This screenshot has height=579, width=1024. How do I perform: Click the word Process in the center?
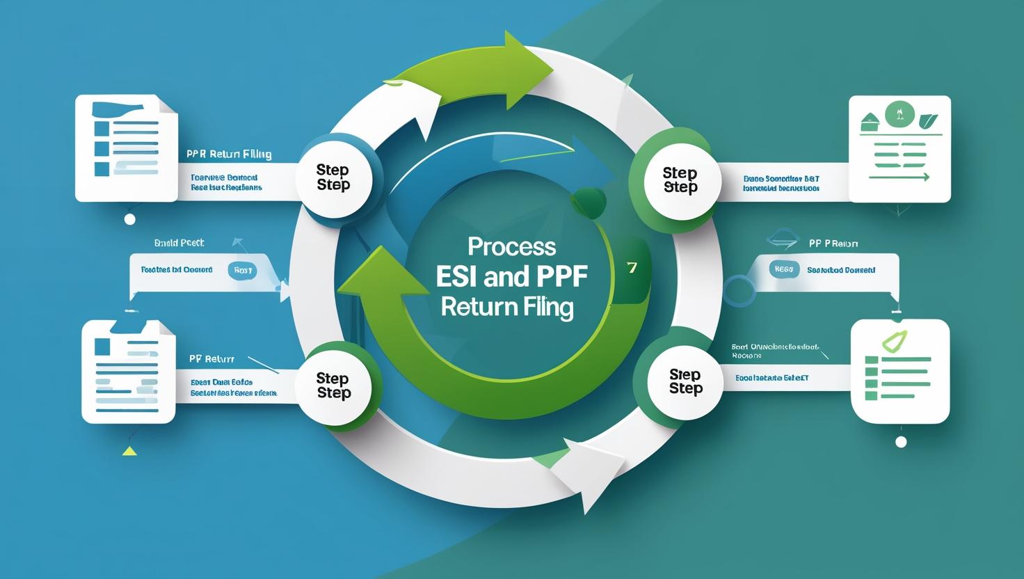(x=511, y=246)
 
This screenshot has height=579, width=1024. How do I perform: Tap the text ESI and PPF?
(x=511, y=276)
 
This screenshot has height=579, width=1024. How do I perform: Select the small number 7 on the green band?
(x=632, y=268)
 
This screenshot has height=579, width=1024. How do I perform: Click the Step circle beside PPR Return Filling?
(x=333, y=177)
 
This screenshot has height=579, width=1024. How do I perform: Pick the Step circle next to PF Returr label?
(x=333, y=386)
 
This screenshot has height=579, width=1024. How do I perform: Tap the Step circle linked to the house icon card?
(x=680, y=180)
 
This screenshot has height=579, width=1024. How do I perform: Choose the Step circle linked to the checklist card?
(x=685, y=381)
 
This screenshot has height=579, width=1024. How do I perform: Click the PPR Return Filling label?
(x=229, y=154)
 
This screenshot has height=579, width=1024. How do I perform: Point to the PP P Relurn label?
(x=833, y=244)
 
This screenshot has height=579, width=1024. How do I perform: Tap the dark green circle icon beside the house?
(x=899, y=113)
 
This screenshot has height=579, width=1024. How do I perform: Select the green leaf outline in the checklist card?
(x=895, y=342)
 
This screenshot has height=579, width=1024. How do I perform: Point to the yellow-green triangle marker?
(x=129, y=450)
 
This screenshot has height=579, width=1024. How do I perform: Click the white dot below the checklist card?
(x=901, y=442)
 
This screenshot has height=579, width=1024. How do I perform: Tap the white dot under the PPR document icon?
(x=129, y=219)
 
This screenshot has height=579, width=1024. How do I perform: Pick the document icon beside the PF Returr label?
(x=129, y=372)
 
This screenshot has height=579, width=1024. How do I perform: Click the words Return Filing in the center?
(x=507, y=307)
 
